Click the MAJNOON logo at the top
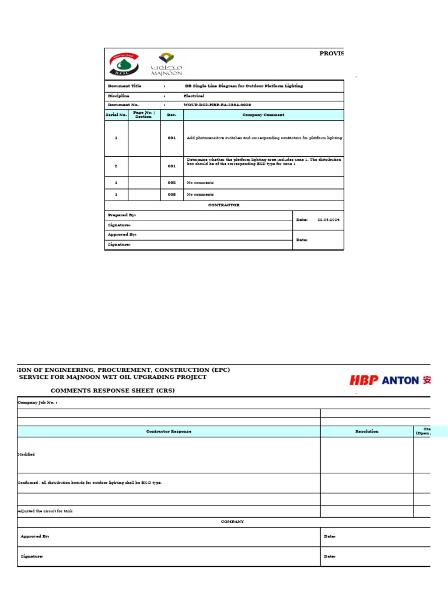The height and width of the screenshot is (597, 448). pos(166,64)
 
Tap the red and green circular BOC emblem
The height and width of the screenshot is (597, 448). pos(124,64)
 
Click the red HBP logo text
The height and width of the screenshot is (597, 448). pos(364,380)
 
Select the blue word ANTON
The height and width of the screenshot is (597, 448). pos(400,380)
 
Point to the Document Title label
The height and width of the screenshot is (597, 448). pos(124,86)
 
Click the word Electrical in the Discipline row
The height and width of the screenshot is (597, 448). pos(194,96)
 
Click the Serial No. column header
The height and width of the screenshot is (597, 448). pos(116,115)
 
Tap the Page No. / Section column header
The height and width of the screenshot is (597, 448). pos(143,115)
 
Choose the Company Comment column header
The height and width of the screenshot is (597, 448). pos(263,115)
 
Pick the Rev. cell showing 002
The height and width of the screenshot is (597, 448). pos(171,182)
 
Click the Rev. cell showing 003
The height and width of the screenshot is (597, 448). pos(171,195)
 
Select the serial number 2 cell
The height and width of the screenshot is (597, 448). pos(116,166)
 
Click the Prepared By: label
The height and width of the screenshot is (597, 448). pos(121,215)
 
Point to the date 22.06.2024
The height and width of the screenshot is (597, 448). pos(328,220)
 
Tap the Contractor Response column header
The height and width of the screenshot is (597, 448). pos(169,431)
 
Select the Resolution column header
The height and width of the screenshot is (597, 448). pos(367,431)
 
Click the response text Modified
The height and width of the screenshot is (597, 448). pos(26,454)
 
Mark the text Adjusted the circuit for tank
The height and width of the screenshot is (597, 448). pos(45,511)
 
